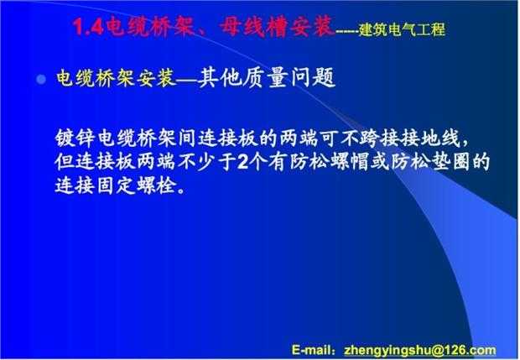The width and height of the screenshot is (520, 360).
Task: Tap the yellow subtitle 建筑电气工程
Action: pyautogui.click(x=402, y=29)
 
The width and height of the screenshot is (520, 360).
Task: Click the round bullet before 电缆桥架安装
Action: pyautogui.click(x=41, y=79)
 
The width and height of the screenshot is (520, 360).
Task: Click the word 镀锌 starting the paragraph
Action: pyautogui.click(x=75, y=138)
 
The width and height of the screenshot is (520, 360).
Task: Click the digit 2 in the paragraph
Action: pyautogui.click(x=243, y=163)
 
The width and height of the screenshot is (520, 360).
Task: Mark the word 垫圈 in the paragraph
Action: pyautogui.click(x=450, y=162)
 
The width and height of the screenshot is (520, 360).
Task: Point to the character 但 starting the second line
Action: pyautogui.click(x=65, y=162)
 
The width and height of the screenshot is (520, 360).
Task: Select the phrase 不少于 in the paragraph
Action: pyautogui.click(x=206, y=162)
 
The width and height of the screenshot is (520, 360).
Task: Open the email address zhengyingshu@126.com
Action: pyautogui.click(x=420, y=351)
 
